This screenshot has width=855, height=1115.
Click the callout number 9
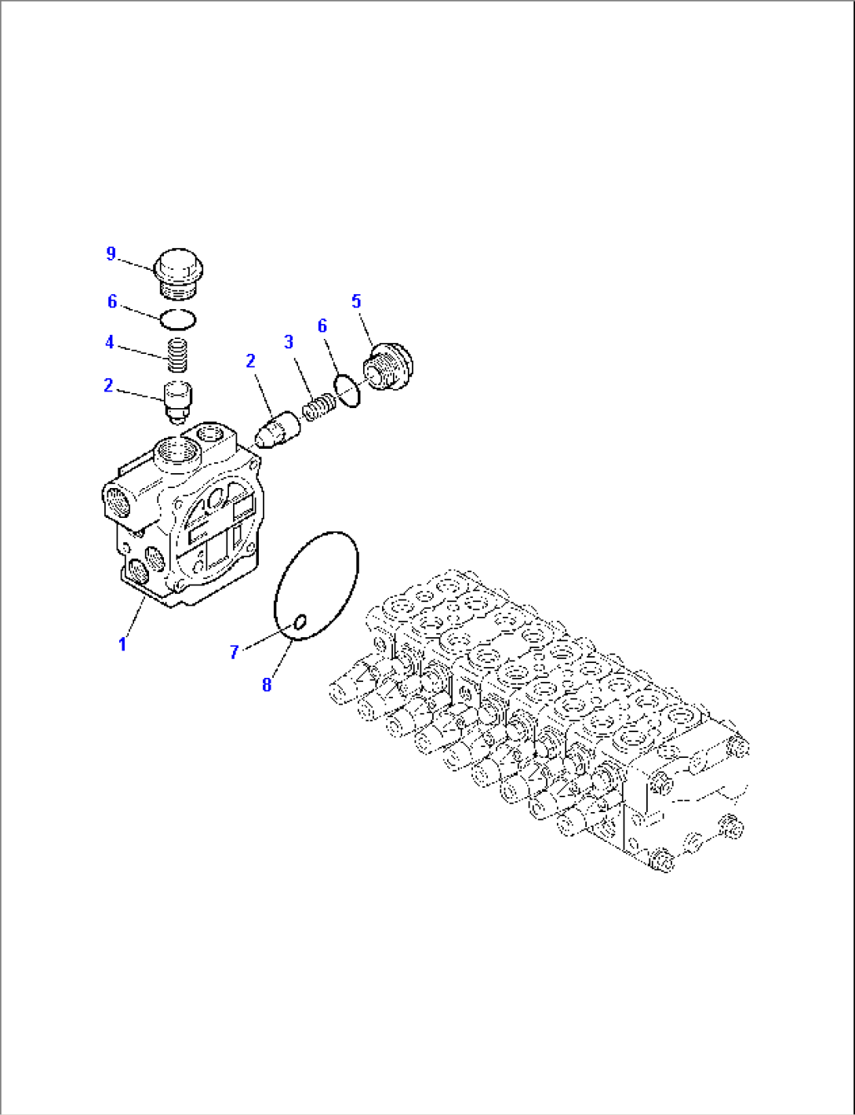[111, 253]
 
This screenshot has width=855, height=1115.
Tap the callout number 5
[356, 301]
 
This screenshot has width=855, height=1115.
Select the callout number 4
[110, 342]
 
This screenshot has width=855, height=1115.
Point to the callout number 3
[289, 342]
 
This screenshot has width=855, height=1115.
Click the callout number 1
[122, 644]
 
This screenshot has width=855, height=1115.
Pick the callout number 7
[234, 652]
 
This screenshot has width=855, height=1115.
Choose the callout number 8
[267, 685]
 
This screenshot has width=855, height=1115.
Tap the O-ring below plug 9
[178, 319]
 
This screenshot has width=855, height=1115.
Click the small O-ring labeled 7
[299, 622]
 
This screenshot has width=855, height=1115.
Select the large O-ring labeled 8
[315, 586]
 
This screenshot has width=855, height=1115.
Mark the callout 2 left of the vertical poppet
[108, 386]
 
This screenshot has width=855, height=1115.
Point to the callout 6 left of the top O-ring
[112, 302]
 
